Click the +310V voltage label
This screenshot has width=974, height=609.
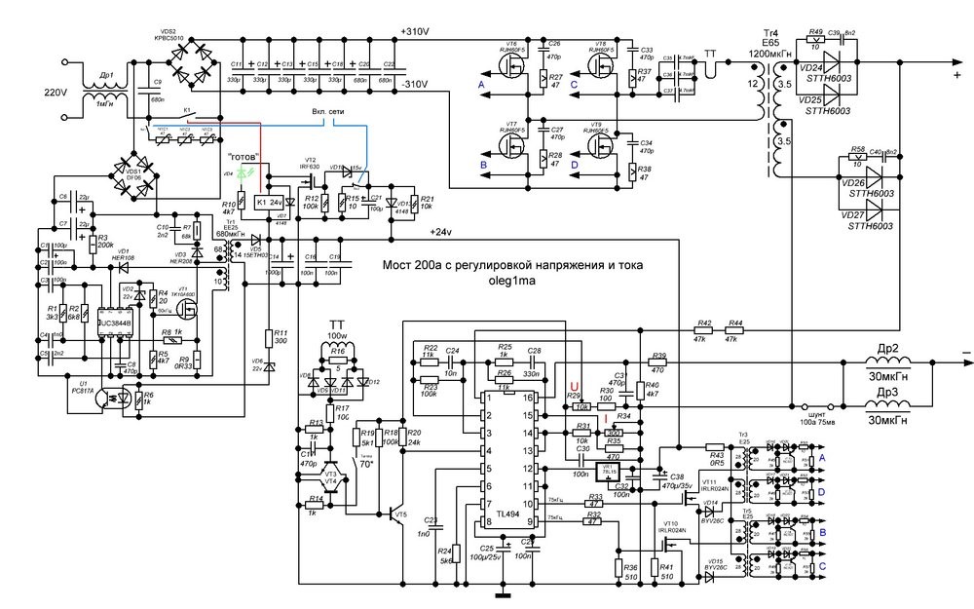(416, 32)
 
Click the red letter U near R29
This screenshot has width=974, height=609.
(574, 386)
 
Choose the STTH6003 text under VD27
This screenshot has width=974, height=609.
(870, 225)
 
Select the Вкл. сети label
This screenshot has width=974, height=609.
(332, 110)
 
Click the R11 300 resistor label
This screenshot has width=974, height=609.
(280, 337)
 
